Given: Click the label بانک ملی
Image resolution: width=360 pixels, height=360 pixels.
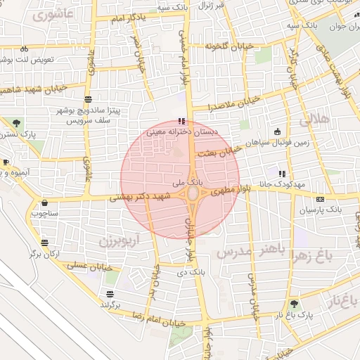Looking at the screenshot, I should point(171,181).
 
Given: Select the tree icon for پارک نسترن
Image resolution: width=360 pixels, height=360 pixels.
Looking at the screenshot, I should point(15,123).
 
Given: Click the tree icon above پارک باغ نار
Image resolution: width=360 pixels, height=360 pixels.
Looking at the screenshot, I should point(294,304).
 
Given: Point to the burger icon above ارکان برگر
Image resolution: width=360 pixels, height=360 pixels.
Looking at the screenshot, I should point(46,243).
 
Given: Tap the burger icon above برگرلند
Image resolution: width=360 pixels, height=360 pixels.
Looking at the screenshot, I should point(110,294).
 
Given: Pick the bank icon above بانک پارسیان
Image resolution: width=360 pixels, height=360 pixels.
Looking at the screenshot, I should point(320,199).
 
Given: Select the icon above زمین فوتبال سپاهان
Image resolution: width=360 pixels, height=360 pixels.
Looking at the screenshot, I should point(277,131).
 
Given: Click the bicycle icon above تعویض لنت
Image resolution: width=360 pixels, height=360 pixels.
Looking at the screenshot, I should point(25,49).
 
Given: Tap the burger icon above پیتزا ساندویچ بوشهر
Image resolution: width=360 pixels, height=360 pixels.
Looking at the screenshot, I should point(88,99).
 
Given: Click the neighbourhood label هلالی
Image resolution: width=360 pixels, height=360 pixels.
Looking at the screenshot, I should point(314,120).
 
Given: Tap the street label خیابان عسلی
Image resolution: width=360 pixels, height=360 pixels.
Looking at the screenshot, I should point(86,265).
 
